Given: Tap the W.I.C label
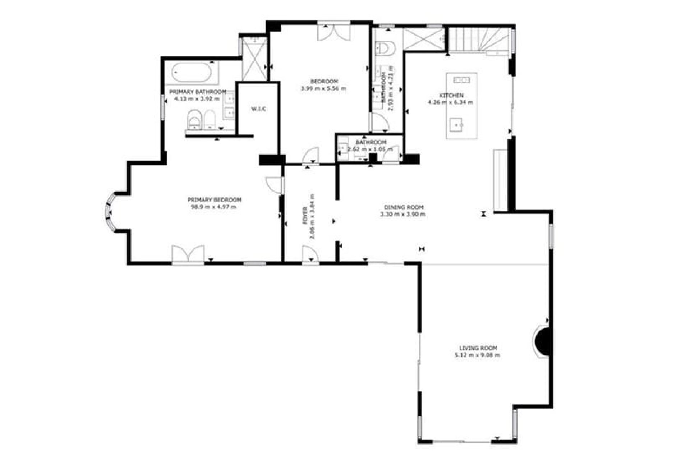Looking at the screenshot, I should coord(259,109).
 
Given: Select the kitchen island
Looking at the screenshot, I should coord(461,106).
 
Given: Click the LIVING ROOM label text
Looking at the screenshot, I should coord(478,348).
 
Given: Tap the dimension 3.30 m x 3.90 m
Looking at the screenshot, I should coord(404,215).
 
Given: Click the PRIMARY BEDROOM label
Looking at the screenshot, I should coord(214,200).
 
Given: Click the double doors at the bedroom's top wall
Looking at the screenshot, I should coord(334,31).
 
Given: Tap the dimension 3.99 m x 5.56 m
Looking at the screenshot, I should coord(323,88).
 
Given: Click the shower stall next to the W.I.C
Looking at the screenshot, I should coord(254,59).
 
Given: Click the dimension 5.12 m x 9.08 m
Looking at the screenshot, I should coord(478,355).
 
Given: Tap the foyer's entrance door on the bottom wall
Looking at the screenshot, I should coord(310,255).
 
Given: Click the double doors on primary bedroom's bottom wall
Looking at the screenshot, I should coord(188,254).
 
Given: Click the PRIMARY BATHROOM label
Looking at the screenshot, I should coord(198,91).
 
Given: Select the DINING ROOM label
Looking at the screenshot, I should coord(404,207).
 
